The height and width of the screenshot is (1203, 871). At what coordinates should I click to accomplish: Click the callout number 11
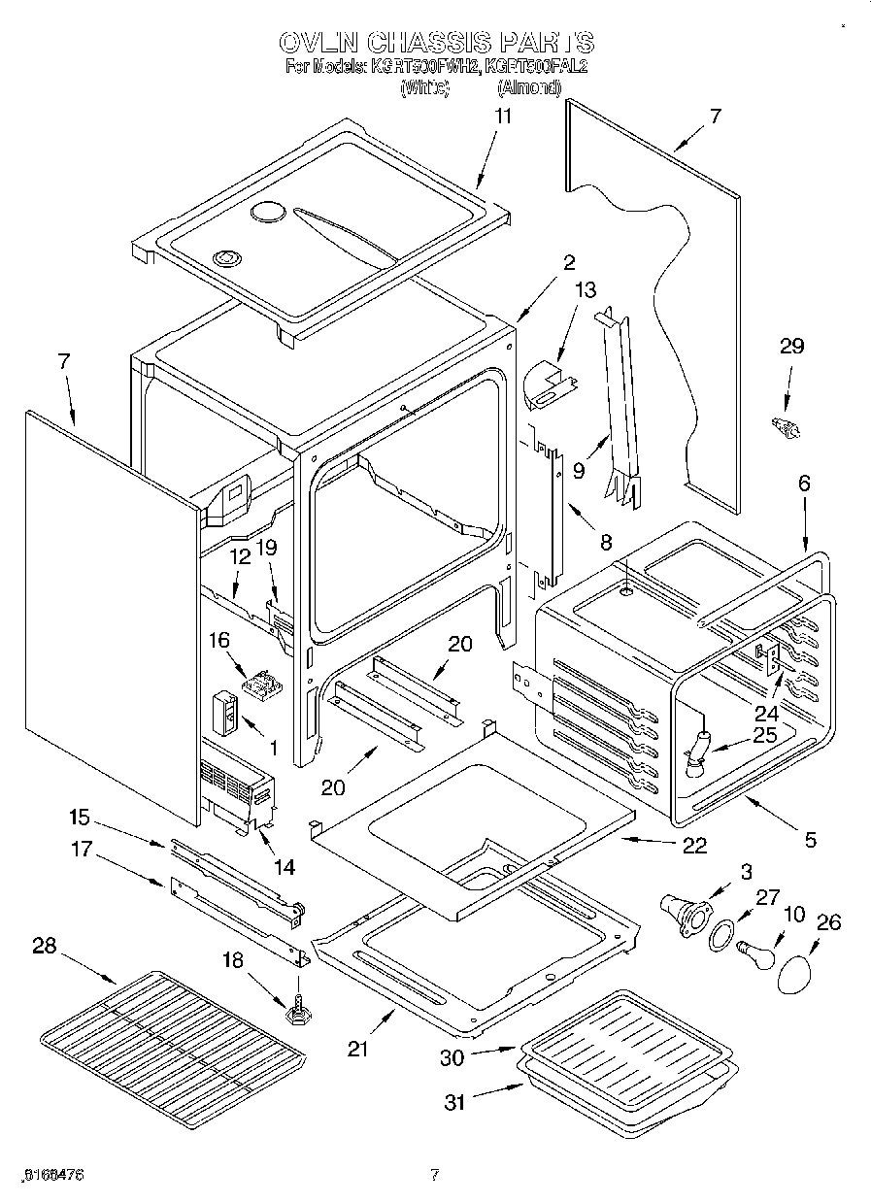(502, 116)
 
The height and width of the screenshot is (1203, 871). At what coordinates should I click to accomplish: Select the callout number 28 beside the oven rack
(44, 946)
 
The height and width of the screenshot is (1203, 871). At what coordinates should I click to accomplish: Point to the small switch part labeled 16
(260, 685)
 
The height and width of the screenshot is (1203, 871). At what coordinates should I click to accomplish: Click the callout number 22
(694, 845)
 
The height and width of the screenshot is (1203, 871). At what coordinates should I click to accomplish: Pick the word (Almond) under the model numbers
(529, 87)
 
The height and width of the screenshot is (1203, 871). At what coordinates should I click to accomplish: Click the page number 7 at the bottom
(435, 1175)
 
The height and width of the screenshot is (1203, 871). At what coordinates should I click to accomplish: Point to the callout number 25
(765, 735)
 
